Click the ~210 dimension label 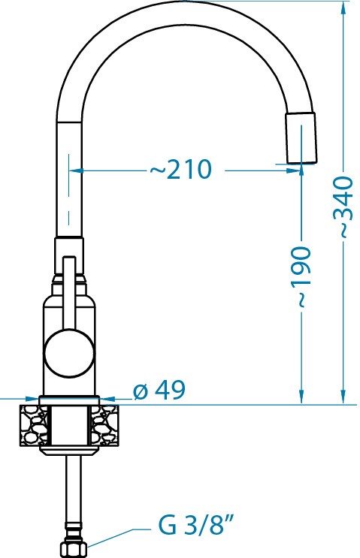pos(180,170)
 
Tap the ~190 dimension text pos(301,276)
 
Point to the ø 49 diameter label pos(159,390)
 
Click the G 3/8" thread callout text pos(196,526)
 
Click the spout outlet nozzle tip pos(301,137)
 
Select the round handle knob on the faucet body pos(69,352)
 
